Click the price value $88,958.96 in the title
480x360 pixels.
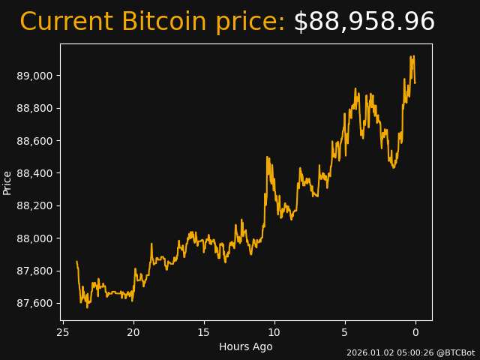(364, 22)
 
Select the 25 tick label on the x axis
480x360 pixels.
(63, 332)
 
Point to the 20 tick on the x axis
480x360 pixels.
(133, 332)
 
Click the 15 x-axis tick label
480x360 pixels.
(204, 332)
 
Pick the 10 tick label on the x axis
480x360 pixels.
(274, 332)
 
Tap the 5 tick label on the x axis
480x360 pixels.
(345, 332)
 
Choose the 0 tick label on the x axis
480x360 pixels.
(415, 332)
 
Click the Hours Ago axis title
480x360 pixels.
(246, 346)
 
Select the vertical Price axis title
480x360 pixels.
(7, 182)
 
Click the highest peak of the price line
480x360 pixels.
(411, 56)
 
